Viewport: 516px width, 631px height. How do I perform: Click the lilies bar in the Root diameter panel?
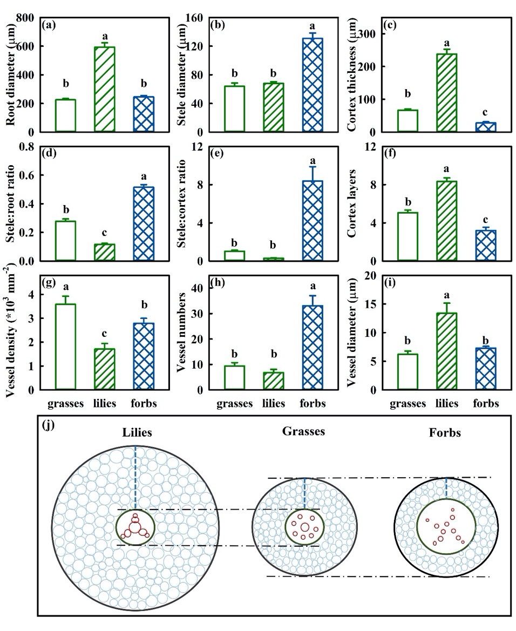[105, 90]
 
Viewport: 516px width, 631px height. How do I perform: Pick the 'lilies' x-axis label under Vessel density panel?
[106, 403]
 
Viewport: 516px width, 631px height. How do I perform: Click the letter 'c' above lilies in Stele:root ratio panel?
[106, 233]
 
